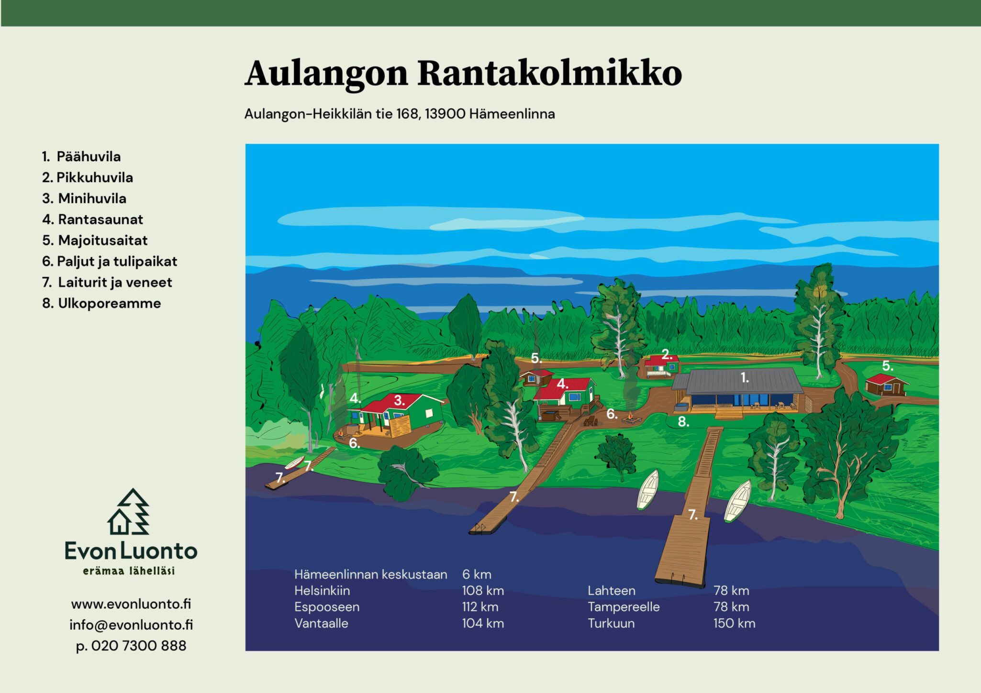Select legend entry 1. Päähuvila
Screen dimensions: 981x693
click(81, 156)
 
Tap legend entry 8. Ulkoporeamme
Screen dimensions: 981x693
click(101, 303)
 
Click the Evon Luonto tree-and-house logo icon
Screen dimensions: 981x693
click(129, 511)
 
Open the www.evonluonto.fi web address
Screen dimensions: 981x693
click(131, 604)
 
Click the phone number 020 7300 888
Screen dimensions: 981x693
click(139, 646)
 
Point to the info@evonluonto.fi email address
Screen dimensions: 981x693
click(131, 625)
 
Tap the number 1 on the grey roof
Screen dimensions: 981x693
click(745, 378)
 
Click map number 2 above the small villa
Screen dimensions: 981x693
click(667, 354)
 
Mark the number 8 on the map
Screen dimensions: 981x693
click(683, 422)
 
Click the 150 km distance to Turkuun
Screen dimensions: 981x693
click(734, 624)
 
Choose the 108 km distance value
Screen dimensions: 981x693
click(483, 591)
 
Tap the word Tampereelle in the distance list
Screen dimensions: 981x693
click(624, 607)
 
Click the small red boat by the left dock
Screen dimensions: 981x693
click(295, 462)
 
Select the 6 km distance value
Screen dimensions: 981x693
click(477, 574)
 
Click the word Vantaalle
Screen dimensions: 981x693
click(321, 624)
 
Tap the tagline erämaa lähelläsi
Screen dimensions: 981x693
click(129, 571)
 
